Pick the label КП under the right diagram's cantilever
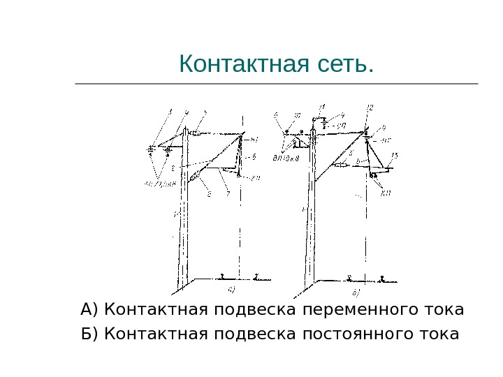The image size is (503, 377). (386, 193)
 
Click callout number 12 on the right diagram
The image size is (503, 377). (370, 107)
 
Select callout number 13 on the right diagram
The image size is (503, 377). (395, 155)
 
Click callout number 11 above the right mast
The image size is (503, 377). (321, 108)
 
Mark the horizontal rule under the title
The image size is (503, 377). (276, 84)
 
